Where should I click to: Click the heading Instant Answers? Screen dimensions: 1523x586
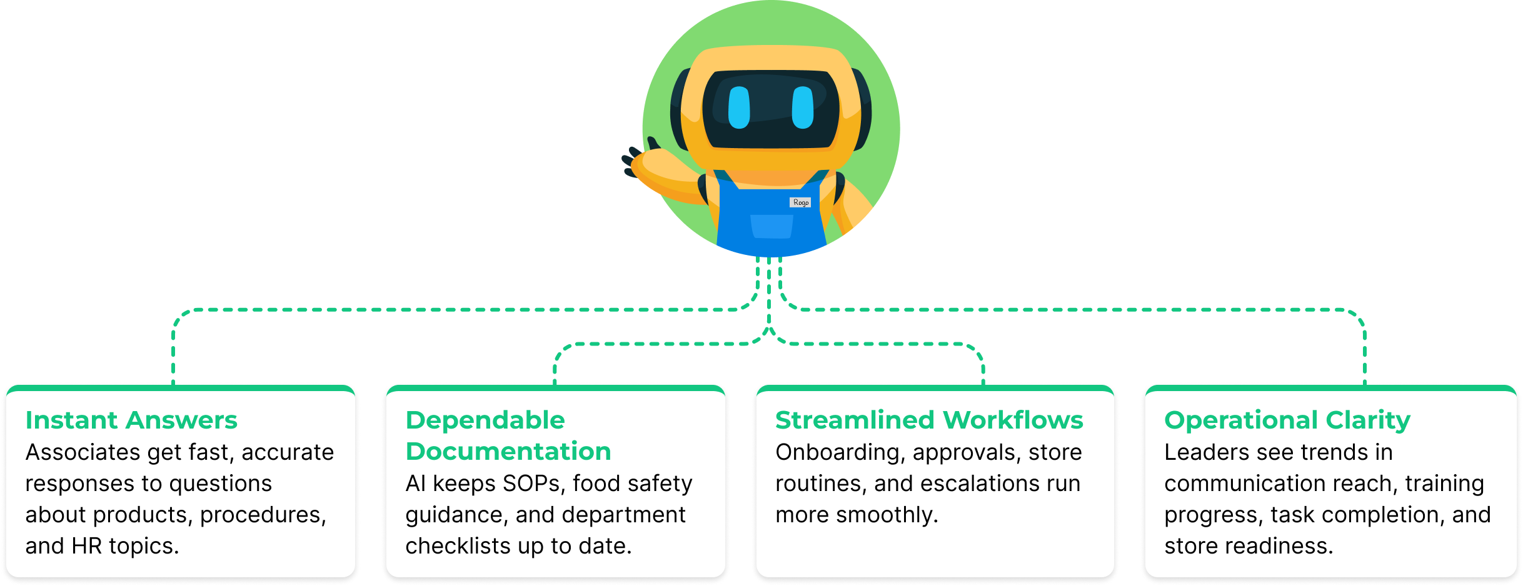pos(131,420)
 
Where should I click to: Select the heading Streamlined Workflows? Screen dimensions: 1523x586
pos(929,420)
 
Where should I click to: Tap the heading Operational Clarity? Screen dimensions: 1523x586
pos(1287,420)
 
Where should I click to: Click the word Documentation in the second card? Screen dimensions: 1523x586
pos(508,452)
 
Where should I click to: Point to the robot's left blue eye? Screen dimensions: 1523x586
pos(739,107)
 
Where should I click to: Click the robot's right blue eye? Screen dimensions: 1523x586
pos(803,107)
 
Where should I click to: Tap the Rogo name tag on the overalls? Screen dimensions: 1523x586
pos(800,202)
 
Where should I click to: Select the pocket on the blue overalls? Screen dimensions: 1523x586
pos(772,226)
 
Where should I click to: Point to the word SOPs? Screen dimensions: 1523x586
pos(531,484)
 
